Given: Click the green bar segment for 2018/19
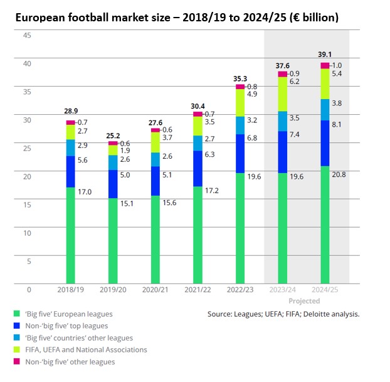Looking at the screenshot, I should pos(70,235).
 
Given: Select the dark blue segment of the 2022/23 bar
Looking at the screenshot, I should pos(240,153).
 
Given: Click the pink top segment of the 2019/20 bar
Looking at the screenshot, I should pos(113,143).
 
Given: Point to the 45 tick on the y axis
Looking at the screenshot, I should pos(27,35).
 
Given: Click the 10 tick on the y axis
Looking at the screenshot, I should pos(27,233).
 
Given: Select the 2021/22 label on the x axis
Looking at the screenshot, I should pos(198,291).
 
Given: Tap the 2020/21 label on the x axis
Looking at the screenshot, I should pos(155,291).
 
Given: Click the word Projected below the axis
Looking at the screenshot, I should pos(304,301).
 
